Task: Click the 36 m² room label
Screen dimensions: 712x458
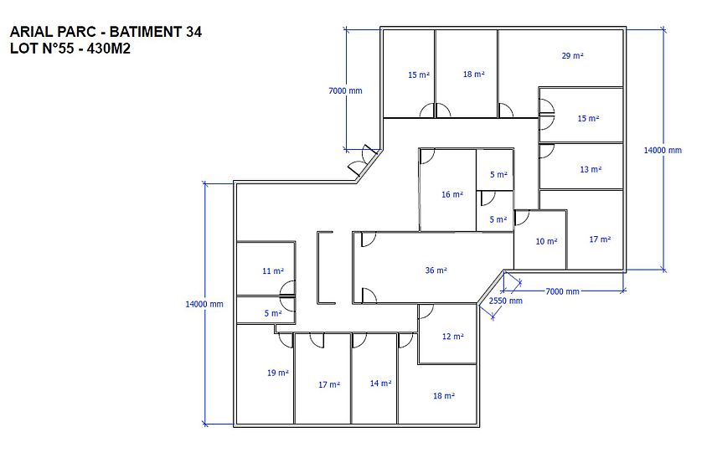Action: (436, 270)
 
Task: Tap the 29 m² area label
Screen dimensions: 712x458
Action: (572, 55)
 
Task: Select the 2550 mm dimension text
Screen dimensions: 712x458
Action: (505, 301)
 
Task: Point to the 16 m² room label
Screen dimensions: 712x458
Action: (452, 194)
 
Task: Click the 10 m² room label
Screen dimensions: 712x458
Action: (546, 241)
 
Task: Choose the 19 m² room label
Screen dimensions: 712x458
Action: (278, 373)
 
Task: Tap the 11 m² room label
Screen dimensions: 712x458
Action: (273, 271)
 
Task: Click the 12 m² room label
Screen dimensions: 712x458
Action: (452, 337)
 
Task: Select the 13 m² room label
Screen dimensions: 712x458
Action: (591, 169)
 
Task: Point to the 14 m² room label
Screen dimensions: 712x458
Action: (380, 383)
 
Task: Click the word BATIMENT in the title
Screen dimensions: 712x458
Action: (146, 32)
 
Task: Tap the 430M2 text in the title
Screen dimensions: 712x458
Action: (109, 48)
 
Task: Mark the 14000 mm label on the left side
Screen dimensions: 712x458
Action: (204, 304)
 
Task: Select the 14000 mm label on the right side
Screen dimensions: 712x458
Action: (663, 150)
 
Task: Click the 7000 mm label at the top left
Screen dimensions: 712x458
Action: (345, 90)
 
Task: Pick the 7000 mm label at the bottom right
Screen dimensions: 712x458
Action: (562, 291)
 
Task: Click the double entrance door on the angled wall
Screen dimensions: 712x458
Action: (364, 161)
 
